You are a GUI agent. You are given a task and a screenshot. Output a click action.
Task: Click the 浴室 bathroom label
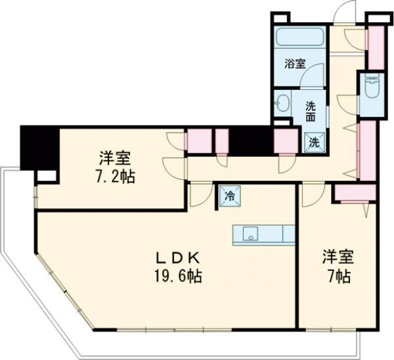tap(295, 64)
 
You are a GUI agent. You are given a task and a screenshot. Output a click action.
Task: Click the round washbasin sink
tap(284, 103)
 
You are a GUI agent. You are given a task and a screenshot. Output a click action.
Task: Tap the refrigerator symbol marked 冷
tap(230, 195)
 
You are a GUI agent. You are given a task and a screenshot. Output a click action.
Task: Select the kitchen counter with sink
tap(263, 235)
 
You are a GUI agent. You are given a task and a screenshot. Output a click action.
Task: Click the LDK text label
tap(173, 257)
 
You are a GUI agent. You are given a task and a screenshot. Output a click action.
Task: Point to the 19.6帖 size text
tap(173, 276)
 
